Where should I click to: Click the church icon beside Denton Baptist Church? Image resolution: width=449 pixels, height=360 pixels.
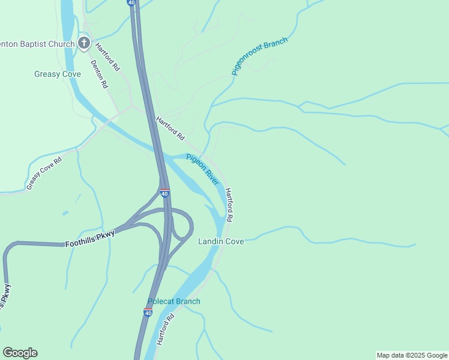pos(84,43)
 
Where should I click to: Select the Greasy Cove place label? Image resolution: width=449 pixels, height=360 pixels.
pos(58,74)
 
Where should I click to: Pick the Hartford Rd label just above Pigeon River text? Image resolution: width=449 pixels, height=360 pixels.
pos(170,128)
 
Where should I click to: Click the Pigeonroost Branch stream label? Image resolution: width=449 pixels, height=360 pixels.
pos(259,56)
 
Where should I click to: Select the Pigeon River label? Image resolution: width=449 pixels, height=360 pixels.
pos(202,169)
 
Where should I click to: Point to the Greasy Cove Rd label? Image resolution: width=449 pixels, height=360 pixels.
pos(44,173)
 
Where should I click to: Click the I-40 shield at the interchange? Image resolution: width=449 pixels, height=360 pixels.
pos(164,193)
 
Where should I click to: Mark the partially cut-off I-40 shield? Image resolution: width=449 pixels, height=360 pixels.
pos(131,2)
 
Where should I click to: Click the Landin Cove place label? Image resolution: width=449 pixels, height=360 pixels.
pos(221,241)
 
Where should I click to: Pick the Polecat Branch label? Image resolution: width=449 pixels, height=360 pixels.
pos(174,301)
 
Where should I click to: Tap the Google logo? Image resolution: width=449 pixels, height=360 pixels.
pos(20,353)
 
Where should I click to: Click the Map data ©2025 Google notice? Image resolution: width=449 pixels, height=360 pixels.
pos(412,355)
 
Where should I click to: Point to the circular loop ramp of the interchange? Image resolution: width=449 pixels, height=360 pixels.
pos(182,226)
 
